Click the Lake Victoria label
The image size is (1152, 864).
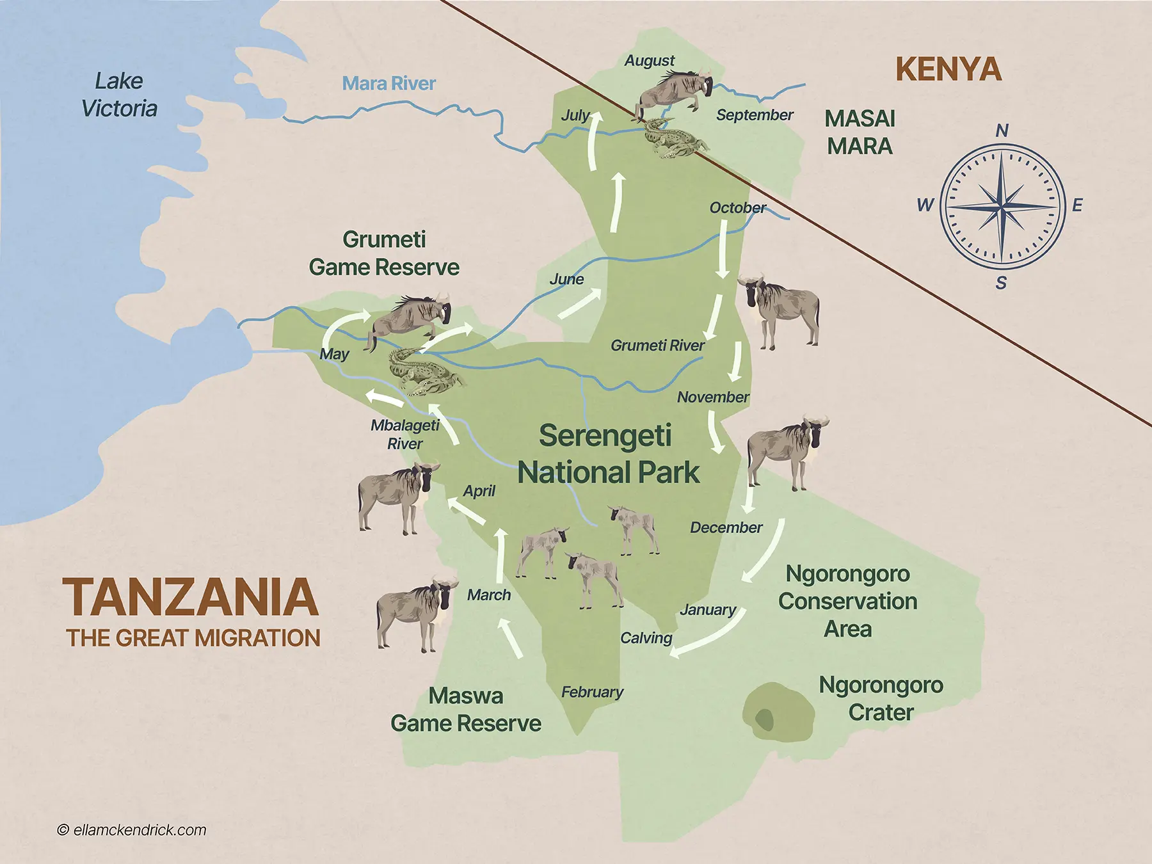click(x=119, y=95)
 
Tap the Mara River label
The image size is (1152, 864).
click(x=388, y=83)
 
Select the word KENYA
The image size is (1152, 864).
click(x=948, y=69)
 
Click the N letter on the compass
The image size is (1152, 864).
click(x=1002, y=131)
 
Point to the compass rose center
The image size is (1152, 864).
click(x=1002, y=206)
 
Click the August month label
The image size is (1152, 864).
click(x=649, y=60)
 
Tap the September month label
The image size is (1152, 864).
click(x=754, y=115)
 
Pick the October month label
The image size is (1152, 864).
click(x=737, y=207)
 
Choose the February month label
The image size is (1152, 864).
click(x=592, y=692)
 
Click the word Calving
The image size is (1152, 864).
click(x=646, y=637)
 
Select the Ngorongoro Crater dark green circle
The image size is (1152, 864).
click(x=765, y=719)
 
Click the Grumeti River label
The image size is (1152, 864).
click(x=657, y=346)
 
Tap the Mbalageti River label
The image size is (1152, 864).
click(x=405, y=434)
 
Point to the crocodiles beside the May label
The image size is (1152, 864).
click(x=422, y=374)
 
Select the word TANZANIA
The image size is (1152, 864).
click(x=191, y=597)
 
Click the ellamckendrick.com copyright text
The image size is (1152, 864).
click(x=132, y=830)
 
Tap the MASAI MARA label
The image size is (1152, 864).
click(x=859, y=132)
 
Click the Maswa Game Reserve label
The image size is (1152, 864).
click(x=466, y=709)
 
